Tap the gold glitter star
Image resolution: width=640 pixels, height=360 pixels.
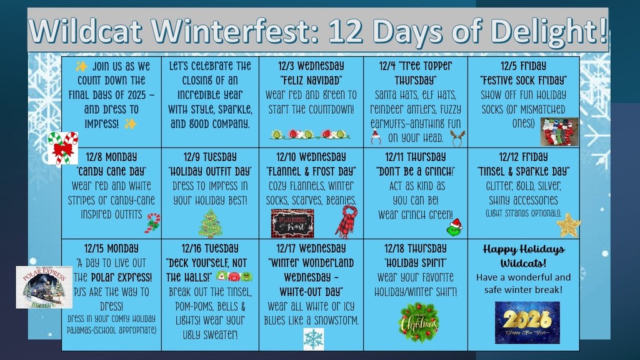568,225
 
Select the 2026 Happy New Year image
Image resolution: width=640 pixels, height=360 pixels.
527,322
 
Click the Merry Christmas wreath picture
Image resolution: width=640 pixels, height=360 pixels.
419,322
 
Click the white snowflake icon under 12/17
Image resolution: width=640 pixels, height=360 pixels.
313,339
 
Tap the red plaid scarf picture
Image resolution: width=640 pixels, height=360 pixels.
346,221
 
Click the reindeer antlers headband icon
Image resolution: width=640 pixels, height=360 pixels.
457,138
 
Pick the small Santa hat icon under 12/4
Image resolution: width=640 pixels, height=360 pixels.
376,137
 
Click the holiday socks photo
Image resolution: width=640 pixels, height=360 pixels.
559,132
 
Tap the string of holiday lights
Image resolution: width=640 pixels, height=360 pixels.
310,134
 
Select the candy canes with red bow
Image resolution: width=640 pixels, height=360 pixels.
63,147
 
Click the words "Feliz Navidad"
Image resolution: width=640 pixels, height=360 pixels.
311,81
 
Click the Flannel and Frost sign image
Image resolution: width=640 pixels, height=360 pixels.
292,223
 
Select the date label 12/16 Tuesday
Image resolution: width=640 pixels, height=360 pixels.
210,248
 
